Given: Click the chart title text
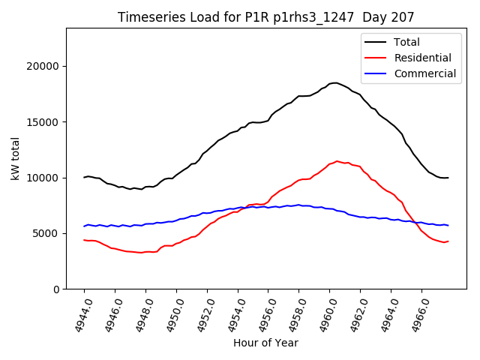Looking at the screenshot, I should pyautogui.click(x=266, y=17).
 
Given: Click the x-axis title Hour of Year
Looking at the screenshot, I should pyautogui.click(x=265, y=343).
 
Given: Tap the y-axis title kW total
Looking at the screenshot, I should pyautogui.click(x=16, y=158).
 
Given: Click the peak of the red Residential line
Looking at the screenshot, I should pyautogui.click(x=338, y=160).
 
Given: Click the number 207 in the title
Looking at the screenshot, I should pyautogui.click(x=404, y=17).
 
